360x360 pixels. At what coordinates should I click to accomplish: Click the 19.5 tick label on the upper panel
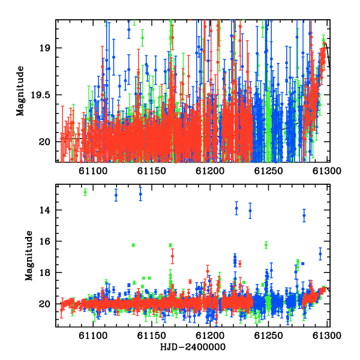pyautogui.click(x=41, y=95)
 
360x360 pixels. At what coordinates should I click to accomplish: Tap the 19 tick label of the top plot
pyautogui.click(x=44, y=48)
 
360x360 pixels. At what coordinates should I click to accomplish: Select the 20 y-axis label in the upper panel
pyautogui.click(x=44, y=142)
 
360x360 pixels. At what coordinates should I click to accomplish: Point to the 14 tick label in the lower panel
pyautogui.click(x=44, y=210)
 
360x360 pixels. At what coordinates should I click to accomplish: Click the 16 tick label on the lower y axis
pyautogui.click(x=44, y=241)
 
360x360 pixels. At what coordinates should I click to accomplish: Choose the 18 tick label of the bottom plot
pyautogui.click(x=44, y=272)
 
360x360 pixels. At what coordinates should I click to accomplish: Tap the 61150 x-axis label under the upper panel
pyautogui.click(x=152, y=171)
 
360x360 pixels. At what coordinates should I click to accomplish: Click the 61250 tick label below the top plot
pyautogui.click(x=268, y=171)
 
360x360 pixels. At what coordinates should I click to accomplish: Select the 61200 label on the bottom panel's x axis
pyautogui.click(x=210, y=335)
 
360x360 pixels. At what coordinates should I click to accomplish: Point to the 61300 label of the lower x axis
pyautogui.click(x=327, y=335)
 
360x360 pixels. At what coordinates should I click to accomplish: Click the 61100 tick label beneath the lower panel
pyautogui.click(x=93, y=335)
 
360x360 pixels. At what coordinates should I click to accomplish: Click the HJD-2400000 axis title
pyautogui.click(x=193, y=347)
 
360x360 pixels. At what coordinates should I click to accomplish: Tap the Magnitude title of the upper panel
pyautogui.click(x=20, y=91)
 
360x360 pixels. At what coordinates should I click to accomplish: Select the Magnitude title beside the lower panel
pyautogui.click(x=29, y=256)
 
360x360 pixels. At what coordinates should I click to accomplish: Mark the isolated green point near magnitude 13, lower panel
pyautogui.click(x=85, y=192)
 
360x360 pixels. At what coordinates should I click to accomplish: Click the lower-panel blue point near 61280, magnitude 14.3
pyautogui.click(x=304, y=215)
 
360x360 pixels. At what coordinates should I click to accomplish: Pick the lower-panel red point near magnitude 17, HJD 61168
pyautogui.click(x=172, y=256)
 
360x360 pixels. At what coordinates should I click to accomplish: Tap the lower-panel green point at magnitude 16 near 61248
pyautogui.click(x=266, y=245)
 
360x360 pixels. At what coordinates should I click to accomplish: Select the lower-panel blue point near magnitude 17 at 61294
pyautogui.click(x=320, y=254)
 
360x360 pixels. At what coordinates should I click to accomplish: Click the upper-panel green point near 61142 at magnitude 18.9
pyautogui.click(x=143, y=38)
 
